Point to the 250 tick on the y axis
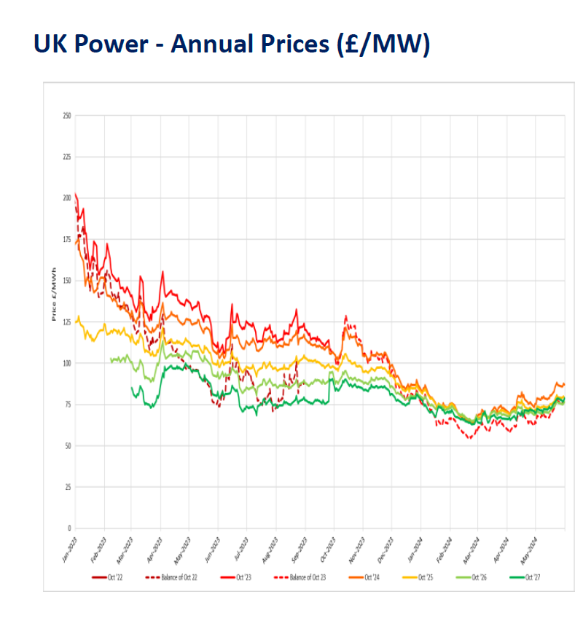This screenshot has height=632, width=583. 66,116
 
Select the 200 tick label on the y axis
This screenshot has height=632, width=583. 66,198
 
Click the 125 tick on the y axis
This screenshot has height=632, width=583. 66,321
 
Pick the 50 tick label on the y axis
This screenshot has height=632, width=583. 68,445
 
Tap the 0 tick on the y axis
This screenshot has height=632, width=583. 69,528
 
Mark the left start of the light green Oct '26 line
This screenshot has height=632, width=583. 111,359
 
